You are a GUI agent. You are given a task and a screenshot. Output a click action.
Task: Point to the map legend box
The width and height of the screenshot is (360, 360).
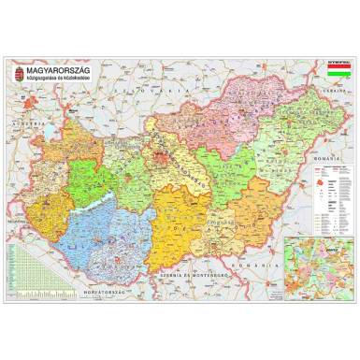(x=334, y=202)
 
